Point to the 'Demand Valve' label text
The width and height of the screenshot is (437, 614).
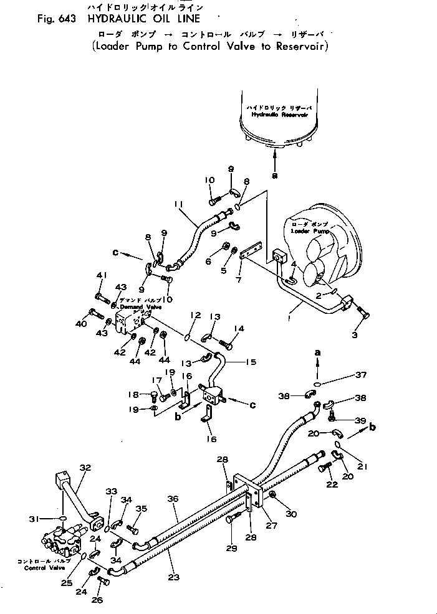click(140, 308)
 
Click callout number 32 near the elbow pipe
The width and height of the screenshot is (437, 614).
click(85, 466)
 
